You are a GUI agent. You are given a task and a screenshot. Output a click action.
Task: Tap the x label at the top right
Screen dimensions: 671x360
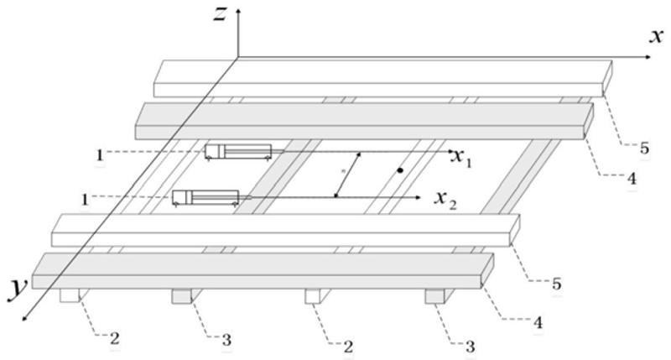pyautogui.click(x=657, y=34)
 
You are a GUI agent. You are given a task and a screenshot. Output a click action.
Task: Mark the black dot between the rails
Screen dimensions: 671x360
pyautogui.click(x=401, y=171)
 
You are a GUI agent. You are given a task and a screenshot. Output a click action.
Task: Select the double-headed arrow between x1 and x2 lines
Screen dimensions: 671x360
pyautogui.click(x=348, y=175)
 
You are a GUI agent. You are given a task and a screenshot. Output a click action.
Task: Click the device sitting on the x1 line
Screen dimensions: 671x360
pyautogui.click(x=238, y=151)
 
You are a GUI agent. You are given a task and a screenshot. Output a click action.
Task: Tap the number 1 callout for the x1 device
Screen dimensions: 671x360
pyautogui.click(x=100, y=154)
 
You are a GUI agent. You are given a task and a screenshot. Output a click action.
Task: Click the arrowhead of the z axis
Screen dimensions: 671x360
pyautogui.click(x=239, y=10)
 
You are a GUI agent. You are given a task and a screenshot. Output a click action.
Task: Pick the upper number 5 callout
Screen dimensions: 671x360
pyautogui.click(x=644, y=149)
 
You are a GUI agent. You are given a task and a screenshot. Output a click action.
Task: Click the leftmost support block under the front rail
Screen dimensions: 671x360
pyautogui.click(x=70, y=295)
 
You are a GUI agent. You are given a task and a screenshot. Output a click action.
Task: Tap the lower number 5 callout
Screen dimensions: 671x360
pyautogui.click(x=557, y=284)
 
